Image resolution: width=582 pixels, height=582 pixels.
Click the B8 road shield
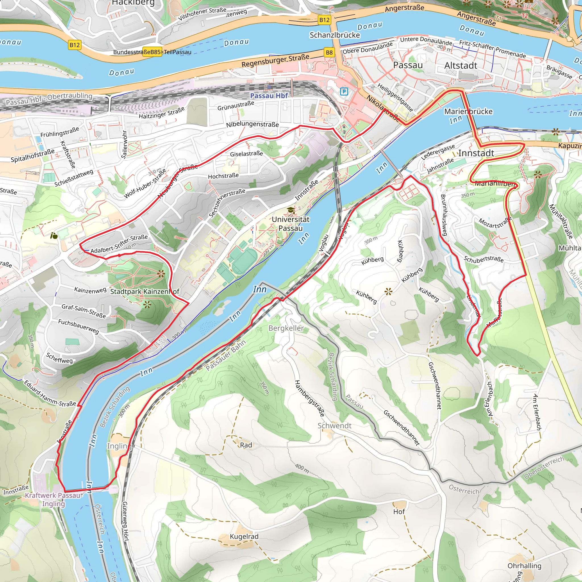coord(329,52)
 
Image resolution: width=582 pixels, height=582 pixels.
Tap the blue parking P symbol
coord(344,91)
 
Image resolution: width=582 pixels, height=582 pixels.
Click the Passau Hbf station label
coord(269,96)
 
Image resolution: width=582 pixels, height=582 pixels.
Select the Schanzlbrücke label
coord(335,35)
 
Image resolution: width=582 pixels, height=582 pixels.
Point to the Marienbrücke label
coord(468,111)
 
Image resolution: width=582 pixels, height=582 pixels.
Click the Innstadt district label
coord(476,153)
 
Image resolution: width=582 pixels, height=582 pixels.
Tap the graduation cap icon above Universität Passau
coord(291,210)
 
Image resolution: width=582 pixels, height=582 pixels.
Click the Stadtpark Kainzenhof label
coord(145,291)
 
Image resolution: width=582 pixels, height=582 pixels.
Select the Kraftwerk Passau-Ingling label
coord(53,500)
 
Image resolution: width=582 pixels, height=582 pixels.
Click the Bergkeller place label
coord(286,328)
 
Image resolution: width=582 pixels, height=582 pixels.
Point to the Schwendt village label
coord(334,426)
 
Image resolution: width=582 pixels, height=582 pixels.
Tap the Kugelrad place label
coord(244,537)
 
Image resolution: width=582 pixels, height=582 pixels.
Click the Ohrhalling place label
coord(524,566)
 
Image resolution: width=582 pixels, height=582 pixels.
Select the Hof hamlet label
coord(399,512)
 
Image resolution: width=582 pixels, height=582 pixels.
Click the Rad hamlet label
coord(246,445)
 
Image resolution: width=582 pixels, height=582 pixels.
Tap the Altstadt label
coord(461,66)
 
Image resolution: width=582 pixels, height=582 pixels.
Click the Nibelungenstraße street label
coord(252,124)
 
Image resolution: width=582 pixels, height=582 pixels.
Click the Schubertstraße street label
coord(483,259)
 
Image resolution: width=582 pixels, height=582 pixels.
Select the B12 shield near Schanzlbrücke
coord(325,20)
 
